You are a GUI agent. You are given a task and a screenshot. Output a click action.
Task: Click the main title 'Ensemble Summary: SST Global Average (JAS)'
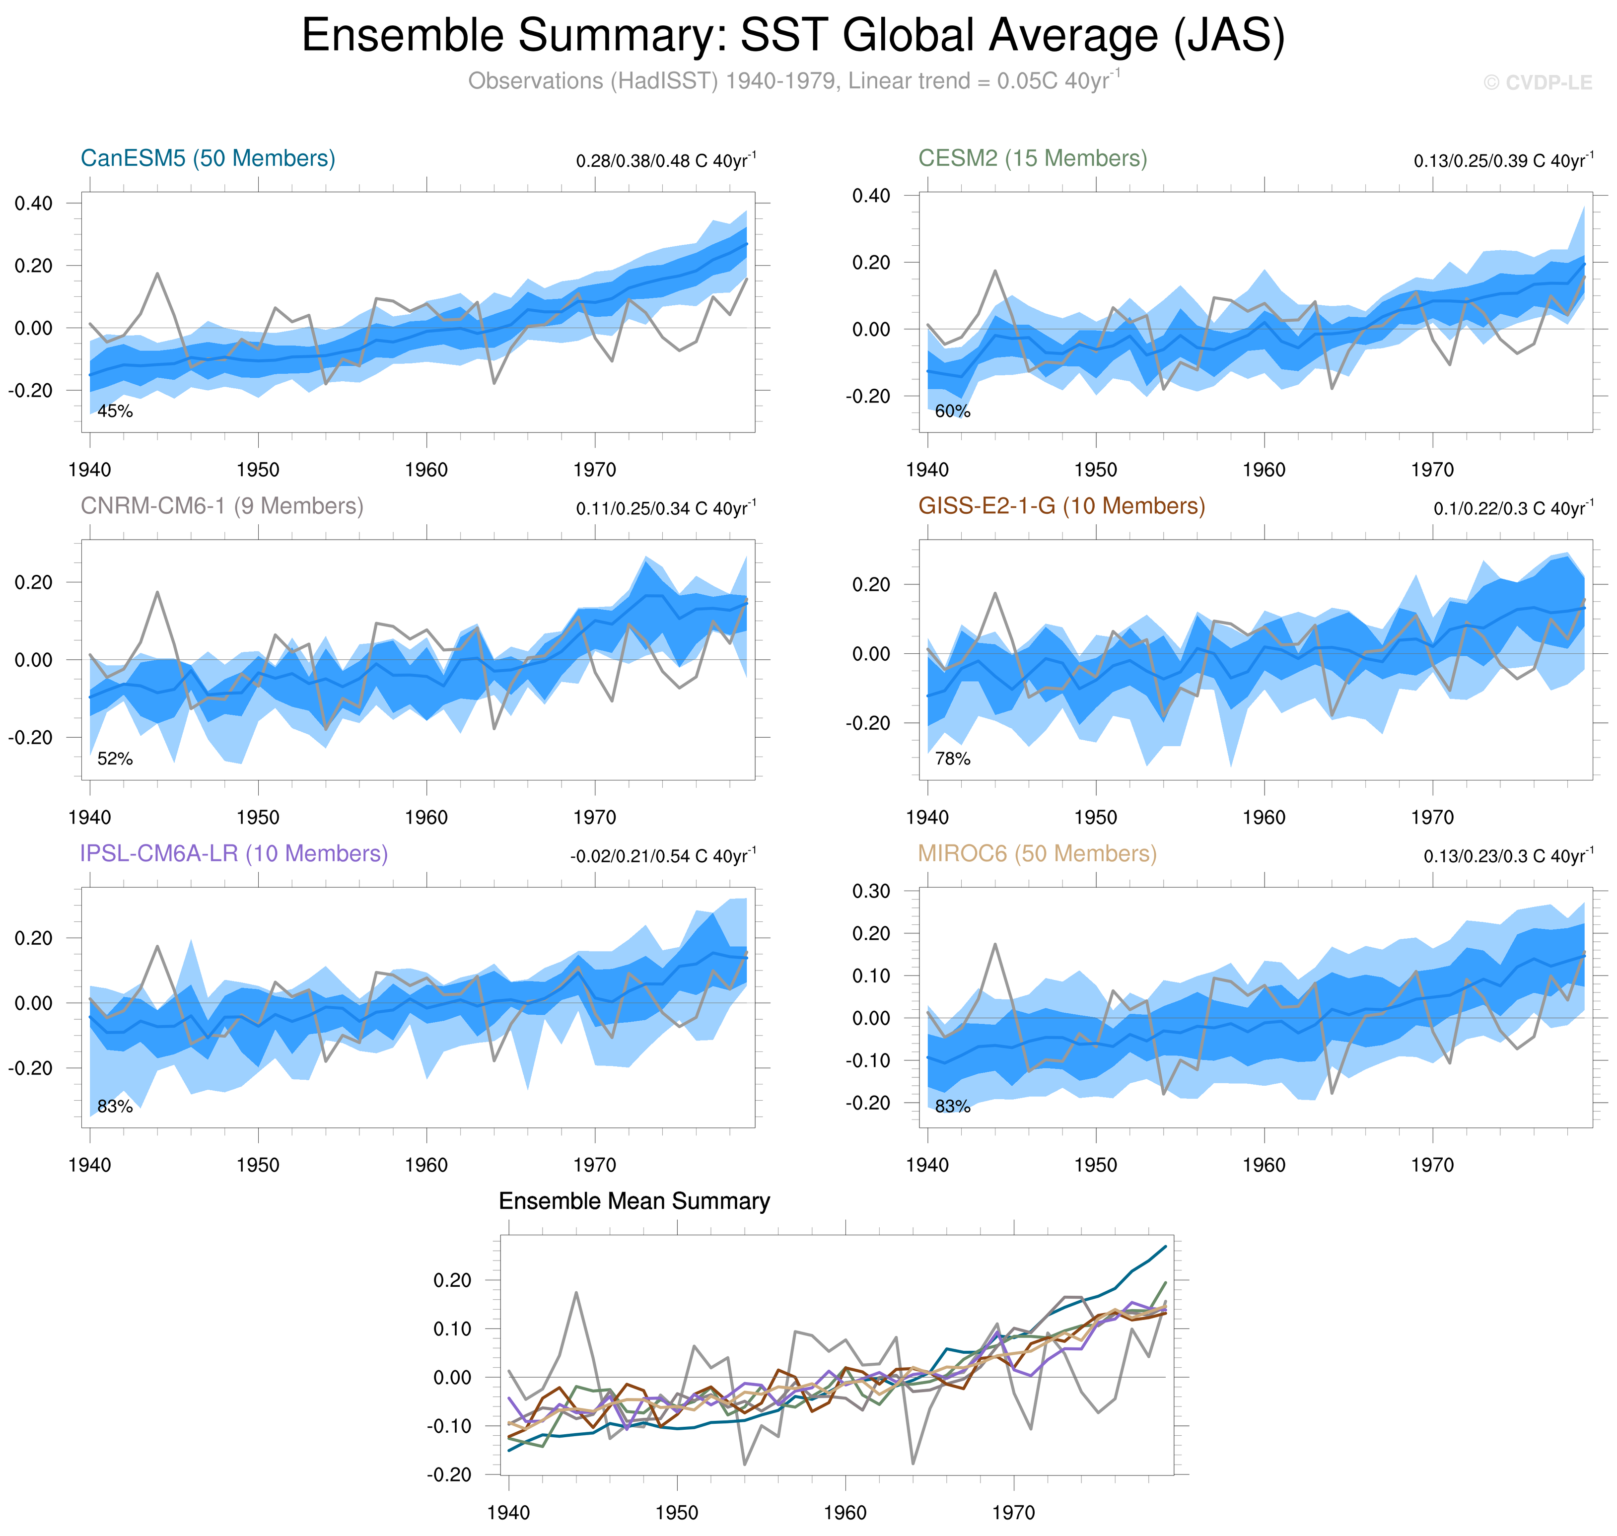(x=792, y=36)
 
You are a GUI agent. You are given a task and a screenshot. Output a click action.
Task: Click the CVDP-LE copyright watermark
(x=1538, y=83)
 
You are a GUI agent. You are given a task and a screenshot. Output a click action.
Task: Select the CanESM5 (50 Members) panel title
(x=208, y=158)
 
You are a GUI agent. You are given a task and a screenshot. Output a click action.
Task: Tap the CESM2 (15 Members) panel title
(x=1033, y=158)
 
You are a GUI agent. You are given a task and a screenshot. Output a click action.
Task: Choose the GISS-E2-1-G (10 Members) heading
(x=1061, y=506)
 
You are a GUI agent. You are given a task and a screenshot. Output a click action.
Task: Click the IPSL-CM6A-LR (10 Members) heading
(x=233, y=853)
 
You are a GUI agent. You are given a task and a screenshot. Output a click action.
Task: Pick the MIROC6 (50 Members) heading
(x=1037, y=853)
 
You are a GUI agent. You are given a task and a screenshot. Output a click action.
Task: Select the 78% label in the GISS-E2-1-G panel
(x=952, y=759)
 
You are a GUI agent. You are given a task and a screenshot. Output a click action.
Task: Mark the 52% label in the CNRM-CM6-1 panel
(x=115, y=759)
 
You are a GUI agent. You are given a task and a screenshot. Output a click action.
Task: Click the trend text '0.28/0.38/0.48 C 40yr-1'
(x=666, y=160)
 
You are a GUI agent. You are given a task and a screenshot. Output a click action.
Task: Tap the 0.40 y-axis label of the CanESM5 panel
(x=34, y=203)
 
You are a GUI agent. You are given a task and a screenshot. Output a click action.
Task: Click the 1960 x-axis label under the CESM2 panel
(x=1264, y=470)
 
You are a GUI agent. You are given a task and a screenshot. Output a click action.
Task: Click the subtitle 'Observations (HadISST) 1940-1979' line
(x=792, y=81)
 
